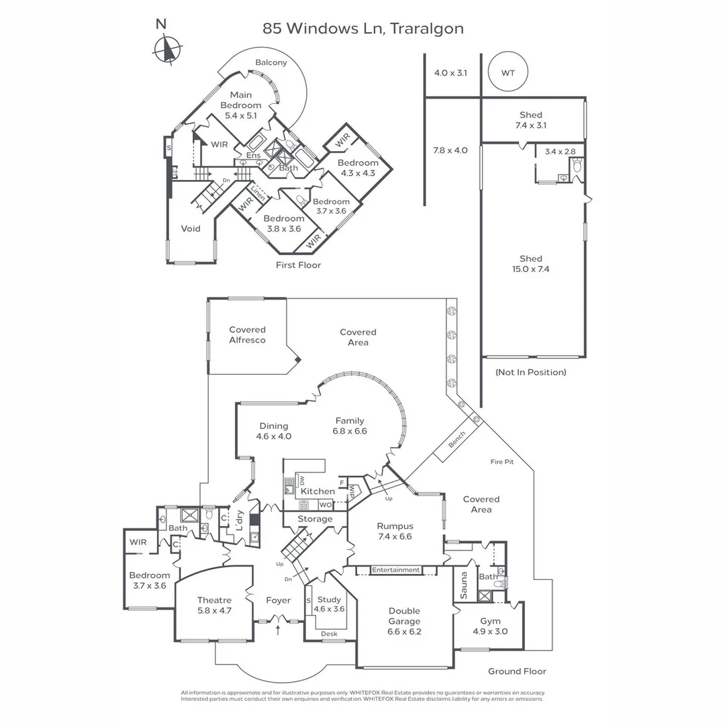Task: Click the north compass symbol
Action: [166, 48]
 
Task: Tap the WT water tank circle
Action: [508, 72]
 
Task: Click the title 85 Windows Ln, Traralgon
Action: [362, 29]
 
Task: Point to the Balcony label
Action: [271, 63]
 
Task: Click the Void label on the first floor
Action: [191, 229]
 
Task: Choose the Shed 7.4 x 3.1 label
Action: [530, 120]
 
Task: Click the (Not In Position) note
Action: [530, 372]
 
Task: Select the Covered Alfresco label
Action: [247, 335]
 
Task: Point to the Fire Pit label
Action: [502, 462]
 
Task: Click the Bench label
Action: [456, 440]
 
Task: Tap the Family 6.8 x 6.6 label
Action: [350, 426]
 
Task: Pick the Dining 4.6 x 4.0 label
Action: [273, 431]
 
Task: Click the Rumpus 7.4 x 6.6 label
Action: [395, 532]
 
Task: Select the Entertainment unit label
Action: [395, 570]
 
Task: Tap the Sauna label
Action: [463, 585]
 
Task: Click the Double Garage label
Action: [404, 621]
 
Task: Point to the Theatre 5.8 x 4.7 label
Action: [214, 606]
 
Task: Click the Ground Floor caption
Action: [517, 671]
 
